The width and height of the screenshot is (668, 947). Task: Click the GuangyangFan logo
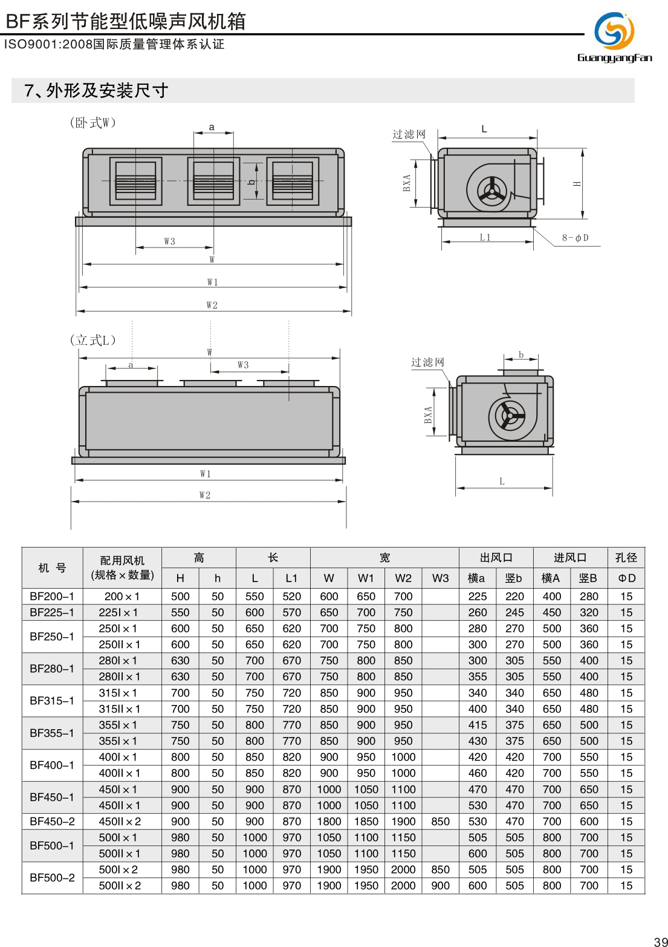click(614, 37)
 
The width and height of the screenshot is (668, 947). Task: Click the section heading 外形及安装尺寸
click(96, 91)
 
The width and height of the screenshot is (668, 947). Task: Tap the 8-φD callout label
click(575, 238)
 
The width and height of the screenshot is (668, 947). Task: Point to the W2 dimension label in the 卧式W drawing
click(212, 305)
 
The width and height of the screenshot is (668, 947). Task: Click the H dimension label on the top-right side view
click(578, 183)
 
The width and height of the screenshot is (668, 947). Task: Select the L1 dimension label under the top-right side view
click(485, 237)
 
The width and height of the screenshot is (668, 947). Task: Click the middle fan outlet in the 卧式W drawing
click(213, 181)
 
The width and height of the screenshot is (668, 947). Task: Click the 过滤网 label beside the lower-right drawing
click(427, 362)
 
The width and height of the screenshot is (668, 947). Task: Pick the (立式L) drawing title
click(92, 340)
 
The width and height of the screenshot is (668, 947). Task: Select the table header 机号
click(52, 568)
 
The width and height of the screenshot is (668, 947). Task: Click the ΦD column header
click(626, 578)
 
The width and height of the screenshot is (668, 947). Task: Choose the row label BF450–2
click(52, 821)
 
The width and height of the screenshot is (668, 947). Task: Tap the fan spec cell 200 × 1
click(122, 596)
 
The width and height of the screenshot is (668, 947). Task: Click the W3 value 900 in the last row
click(440, 885)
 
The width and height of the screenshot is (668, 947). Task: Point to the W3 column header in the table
click(440, 578)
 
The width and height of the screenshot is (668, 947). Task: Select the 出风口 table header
click(496, 557)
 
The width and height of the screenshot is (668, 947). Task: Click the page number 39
click(660, 942)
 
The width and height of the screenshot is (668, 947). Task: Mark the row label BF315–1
click(52, 701)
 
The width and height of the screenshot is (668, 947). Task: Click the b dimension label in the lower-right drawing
click(521, 355)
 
